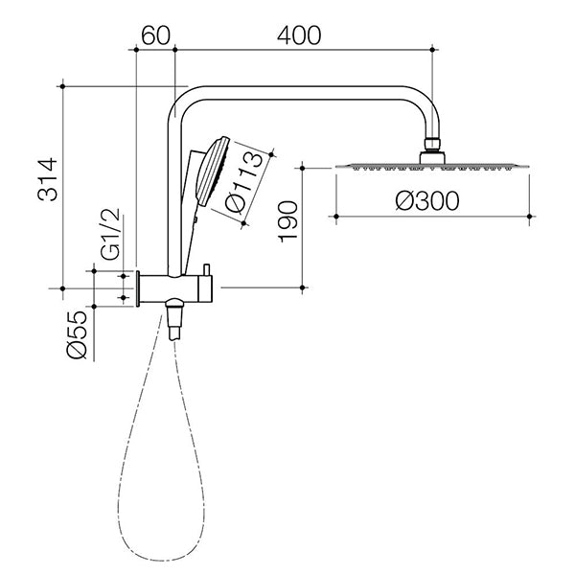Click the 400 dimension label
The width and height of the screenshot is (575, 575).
[299, 34]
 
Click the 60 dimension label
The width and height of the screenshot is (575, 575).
[155, 34]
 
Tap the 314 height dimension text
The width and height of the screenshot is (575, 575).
[48, 180]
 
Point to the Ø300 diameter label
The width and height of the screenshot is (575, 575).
[426, 200]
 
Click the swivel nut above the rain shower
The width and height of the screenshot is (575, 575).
[433, 149]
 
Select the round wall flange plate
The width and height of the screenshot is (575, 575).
[140, 287]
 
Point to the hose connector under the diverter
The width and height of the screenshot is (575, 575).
[174, 319]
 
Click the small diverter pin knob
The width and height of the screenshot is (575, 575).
[204, 267]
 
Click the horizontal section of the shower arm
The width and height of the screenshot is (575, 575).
[307, 91]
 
